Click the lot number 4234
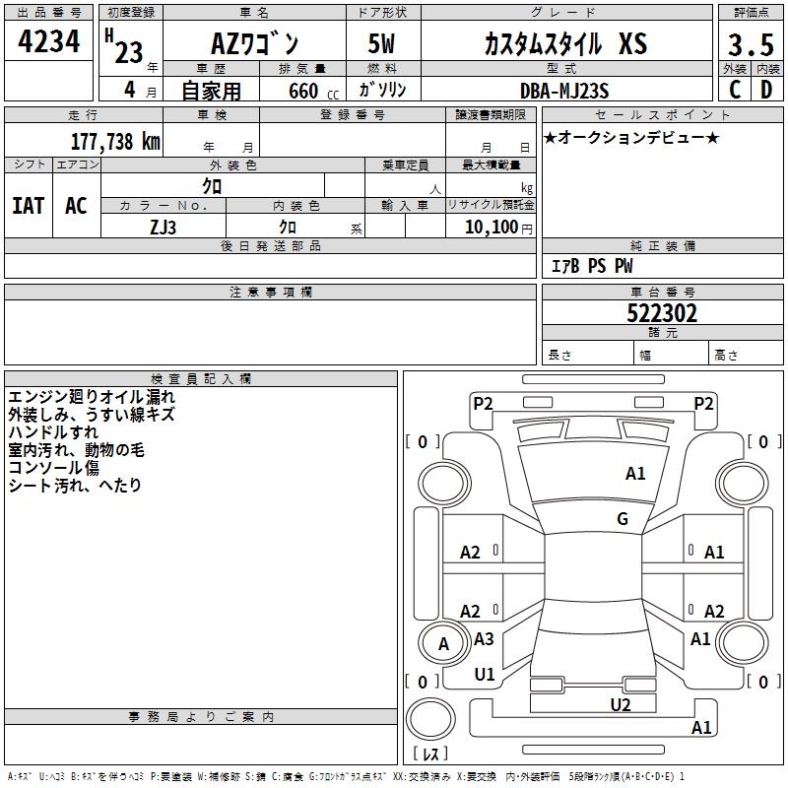click(48, 41)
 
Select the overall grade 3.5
click(751, 45)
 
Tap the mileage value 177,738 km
click(115, 142)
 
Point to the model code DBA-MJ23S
click(564, 91)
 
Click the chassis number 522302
click(662, 313)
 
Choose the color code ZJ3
click(163, 228)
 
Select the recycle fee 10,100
click(492, 228)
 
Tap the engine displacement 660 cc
click(313, 91)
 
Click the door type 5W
click(381, 43)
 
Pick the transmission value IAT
click(29, 206)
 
